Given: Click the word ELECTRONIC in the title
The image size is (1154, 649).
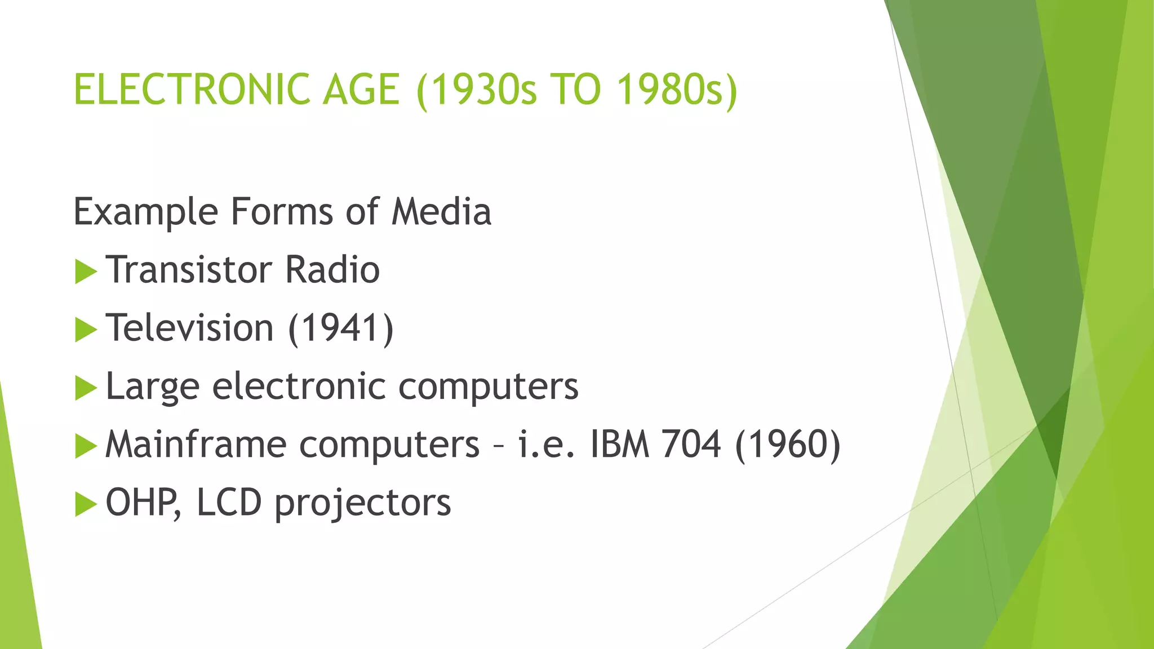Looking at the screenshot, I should click(x=192, y=90).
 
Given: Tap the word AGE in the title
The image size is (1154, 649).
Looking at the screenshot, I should click(x=361, y=90).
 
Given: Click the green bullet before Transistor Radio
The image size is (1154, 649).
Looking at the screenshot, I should click(x=86, y=272).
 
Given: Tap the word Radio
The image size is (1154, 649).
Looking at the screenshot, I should click(x=332, y=270).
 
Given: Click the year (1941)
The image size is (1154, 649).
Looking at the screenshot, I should click(x=341, y=328).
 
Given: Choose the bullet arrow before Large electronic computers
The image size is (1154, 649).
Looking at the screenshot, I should click(x=86, y=388).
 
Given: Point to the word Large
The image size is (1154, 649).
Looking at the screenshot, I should click(x=153, y=387).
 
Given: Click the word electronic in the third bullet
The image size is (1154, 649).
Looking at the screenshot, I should click(x=299, y=386).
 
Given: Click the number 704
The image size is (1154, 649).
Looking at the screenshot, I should click(x=691, y=444).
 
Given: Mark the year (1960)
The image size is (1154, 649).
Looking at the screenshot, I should click(x=788, y=444).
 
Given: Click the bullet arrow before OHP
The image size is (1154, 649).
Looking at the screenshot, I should click(x=86, y=504).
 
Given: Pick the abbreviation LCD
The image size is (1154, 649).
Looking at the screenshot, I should click(x=229, y=503).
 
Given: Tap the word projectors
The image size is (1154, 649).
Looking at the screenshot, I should click(x=363, y=504).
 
